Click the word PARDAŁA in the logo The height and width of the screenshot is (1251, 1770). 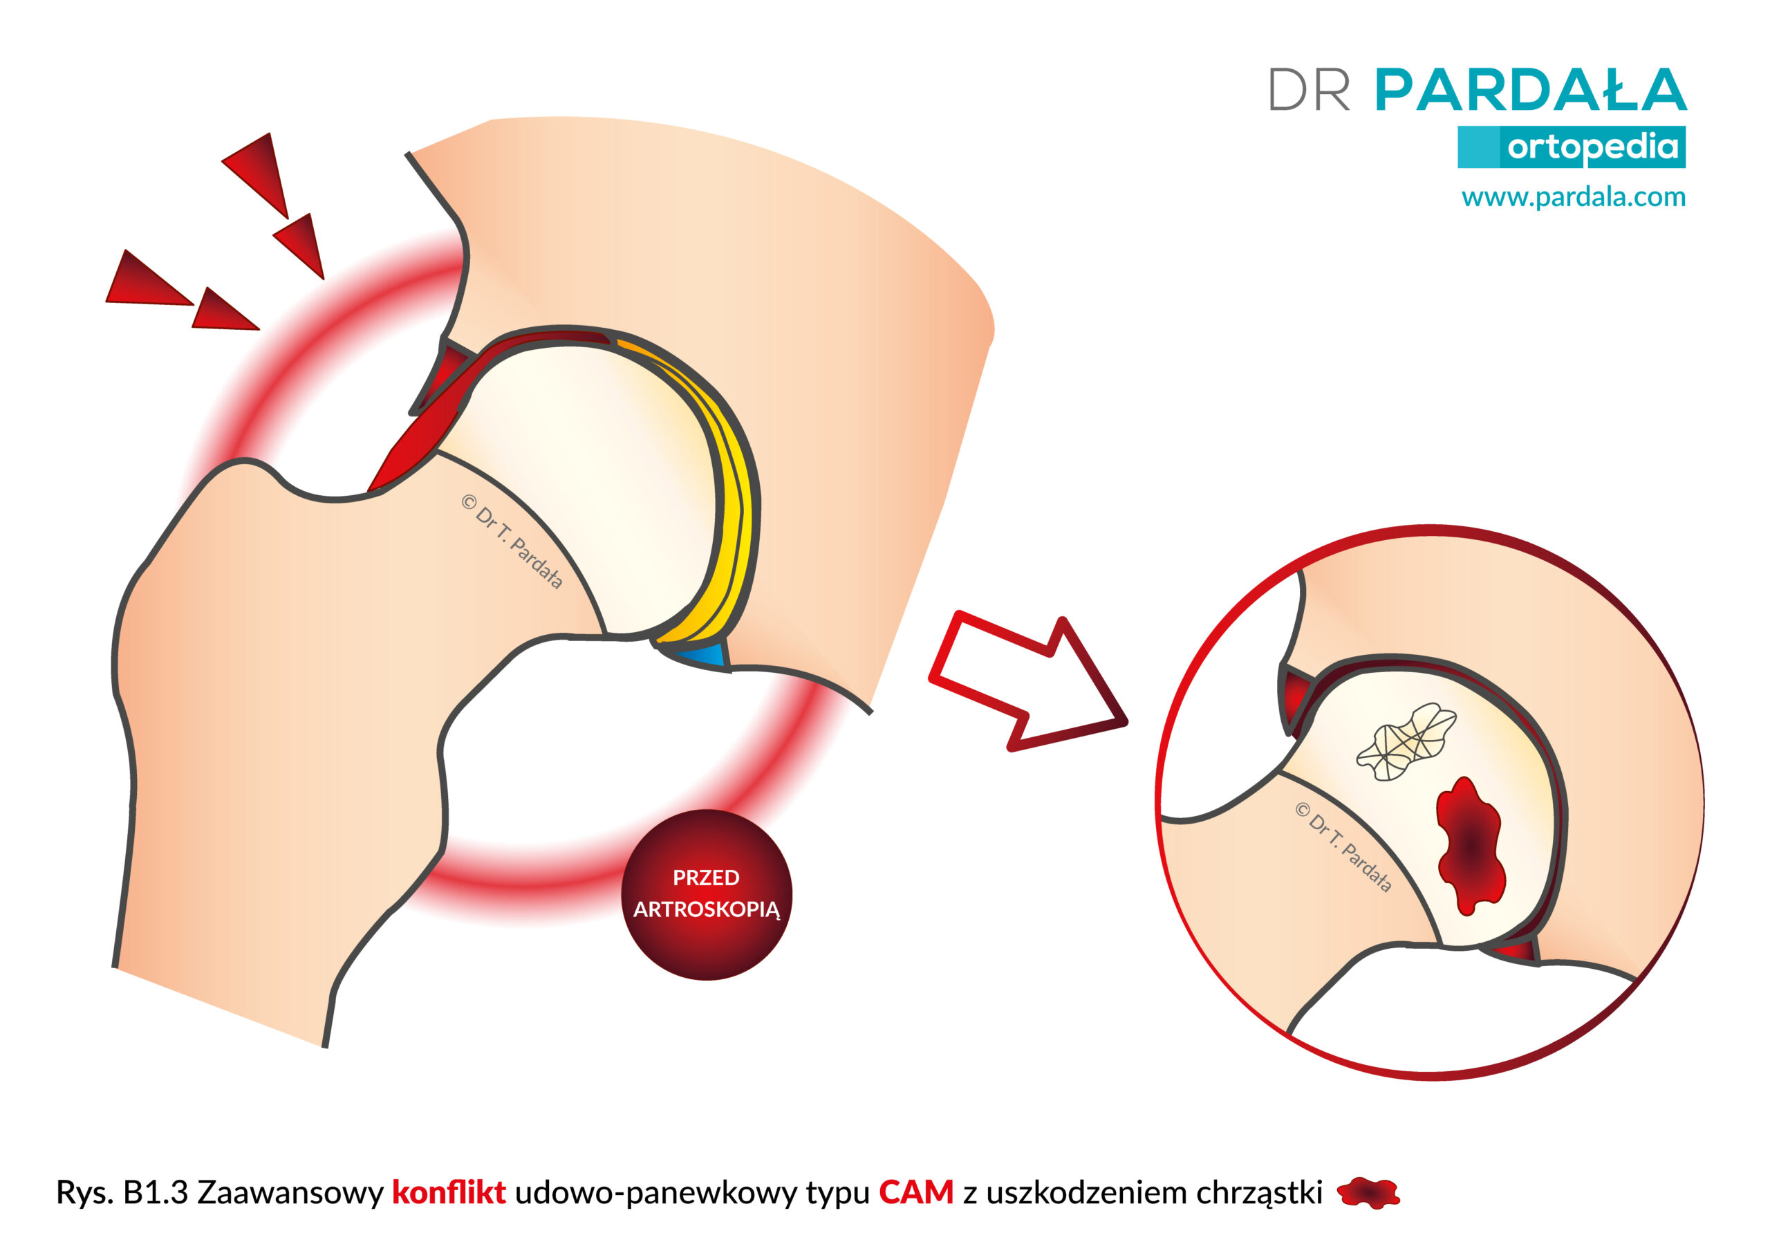[x=1531, y=89]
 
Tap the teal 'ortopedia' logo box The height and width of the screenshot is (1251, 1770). [x=1571, y=147]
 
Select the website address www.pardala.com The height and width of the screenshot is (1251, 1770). [x=1574, y=198]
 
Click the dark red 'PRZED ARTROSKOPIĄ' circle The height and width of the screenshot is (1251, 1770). [x=706, y=895]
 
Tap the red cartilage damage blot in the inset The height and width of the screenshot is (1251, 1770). [x=1470, y=844]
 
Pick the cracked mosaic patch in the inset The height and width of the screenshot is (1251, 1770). [x=1406, y=741]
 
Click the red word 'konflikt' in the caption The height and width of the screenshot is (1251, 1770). [x=449, y=1192]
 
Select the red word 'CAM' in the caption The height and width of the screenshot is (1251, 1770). [x=916, y=1192]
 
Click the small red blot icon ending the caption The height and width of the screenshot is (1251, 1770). [x=1368, y=1193]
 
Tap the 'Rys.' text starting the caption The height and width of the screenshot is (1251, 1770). [x=85, y=1194]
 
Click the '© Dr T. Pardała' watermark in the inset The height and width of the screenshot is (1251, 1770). [x=1343, y=848]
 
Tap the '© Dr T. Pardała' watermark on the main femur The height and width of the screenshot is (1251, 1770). [x=512, y=541]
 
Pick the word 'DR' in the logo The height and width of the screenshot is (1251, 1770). [x=1309, y=90]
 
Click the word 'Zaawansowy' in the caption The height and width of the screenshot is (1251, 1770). [x=290, y=1194]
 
